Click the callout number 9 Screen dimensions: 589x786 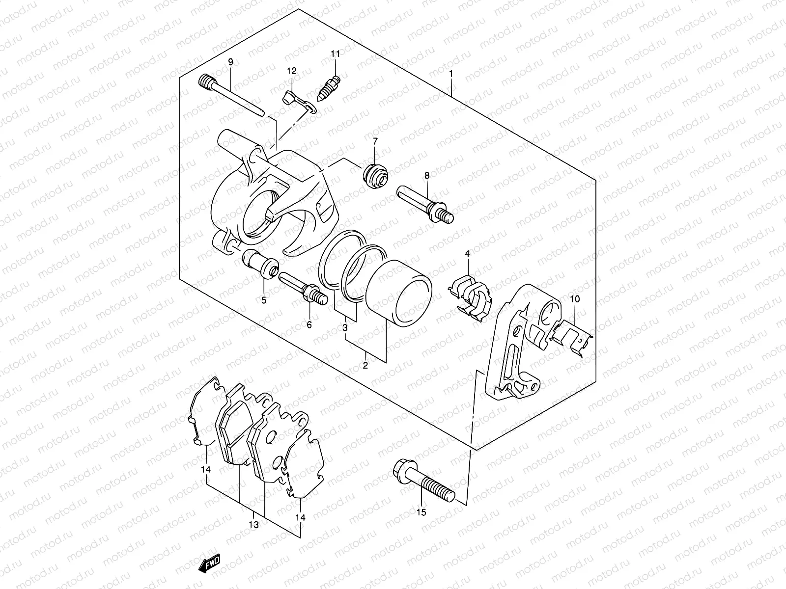click(x=230, y=62)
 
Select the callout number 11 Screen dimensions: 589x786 click(x=335, y=54)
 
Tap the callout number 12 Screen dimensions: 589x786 click(x=292, y=72)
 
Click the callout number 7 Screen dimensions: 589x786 click(x=375, y=142)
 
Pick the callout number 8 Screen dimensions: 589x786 click(x=426, y=175)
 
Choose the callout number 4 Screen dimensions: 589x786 click(x=467, y=254)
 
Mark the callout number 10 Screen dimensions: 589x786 click(x=575, y=299)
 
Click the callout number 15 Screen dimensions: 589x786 click(x=421, y=512)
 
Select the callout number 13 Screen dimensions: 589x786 click(x=253, y=524)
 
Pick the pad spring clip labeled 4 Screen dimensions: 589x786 click(x=470, y=297)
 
